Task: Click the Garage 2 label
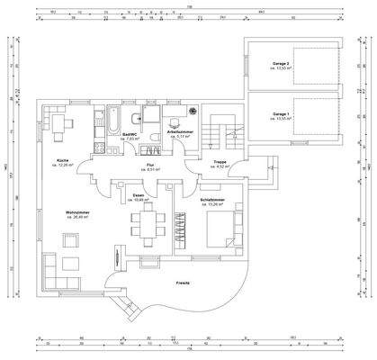coord(281,64)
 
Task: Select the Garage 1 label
coord(281,114)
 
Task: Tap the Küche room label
coord(50,160)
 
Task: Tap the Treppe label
coord(220,162)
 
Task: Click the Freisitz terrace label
coord(183,282)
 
